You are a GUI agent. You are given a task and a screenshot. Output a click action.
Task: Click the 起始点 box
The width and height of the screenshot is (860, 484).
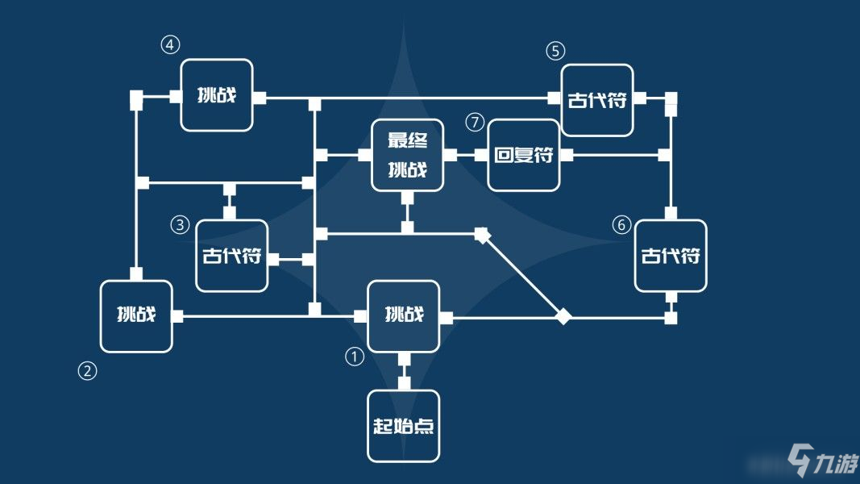click(x=404, y=426)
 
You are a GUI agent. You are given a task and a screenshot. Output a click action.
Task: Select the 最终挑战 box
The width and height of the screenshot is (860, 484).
click(x=407, y=155)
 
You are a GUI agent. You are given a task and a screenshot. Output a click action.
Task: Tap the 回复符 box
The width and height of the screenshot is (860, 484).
click(x=524, y=155)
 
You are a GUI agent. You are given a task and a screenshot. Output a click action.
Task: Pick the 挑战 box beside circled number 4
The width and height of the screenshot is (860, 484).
click(x=217, y=95)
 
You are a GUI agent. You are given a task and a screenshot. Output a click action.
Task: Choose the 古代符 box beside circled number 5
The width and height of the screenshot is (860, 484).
click(x=597, y=100)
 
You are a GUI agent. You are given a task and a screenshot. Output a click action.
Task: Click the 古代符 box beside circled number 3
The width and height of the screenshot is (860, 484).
click(x=232, y=256)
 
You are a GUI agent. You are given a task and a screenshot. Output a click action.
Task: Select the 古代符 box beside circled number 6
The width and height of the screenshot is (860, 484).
click(x=671, y=256)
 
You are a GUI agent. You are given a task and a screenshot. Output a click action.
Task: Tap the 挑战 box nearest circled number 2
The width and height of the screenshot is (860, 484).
click(x=136, y=316)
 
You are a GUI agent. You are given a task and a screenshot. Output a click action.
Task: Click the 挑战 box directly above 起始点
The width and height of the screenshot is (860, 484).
click(x=404, y=315)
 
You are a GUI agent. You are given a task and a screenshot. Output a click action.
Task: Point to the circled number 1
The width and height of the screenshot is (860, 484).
click(x=355, y=356)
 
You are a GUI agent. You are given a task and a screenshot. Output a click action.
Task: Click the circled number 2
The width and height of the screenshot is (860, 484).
click(x=87, y=371)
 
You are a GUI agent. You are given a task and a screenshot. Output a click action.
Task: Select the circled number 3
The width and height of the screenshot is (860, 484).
click(x=180, y=225)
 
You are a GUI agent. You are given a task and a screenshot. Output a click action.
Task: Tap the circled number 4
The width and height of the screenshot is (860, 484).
click(x=169, y=45)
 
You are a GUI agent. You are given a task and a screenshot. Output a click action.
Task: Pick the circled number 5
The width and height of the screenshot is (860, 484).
click(x=555, y=51)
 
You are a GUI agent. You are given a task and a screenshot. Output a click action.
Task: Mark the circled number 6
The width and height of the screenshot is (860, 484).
click(x=620, y=226)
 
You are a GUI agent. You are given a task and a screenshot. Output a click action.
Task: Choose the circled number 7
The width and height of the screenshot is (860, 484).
click(x=476, y=123)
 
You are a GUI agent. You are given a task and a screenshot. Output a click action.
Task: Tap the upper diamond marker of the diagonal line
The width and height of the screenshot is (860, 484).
click(x=482, y=236)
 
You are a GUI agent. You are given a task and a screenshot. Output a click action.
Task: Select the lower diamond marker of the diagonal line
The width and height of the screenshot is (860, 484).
click(x=563, y=317)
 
